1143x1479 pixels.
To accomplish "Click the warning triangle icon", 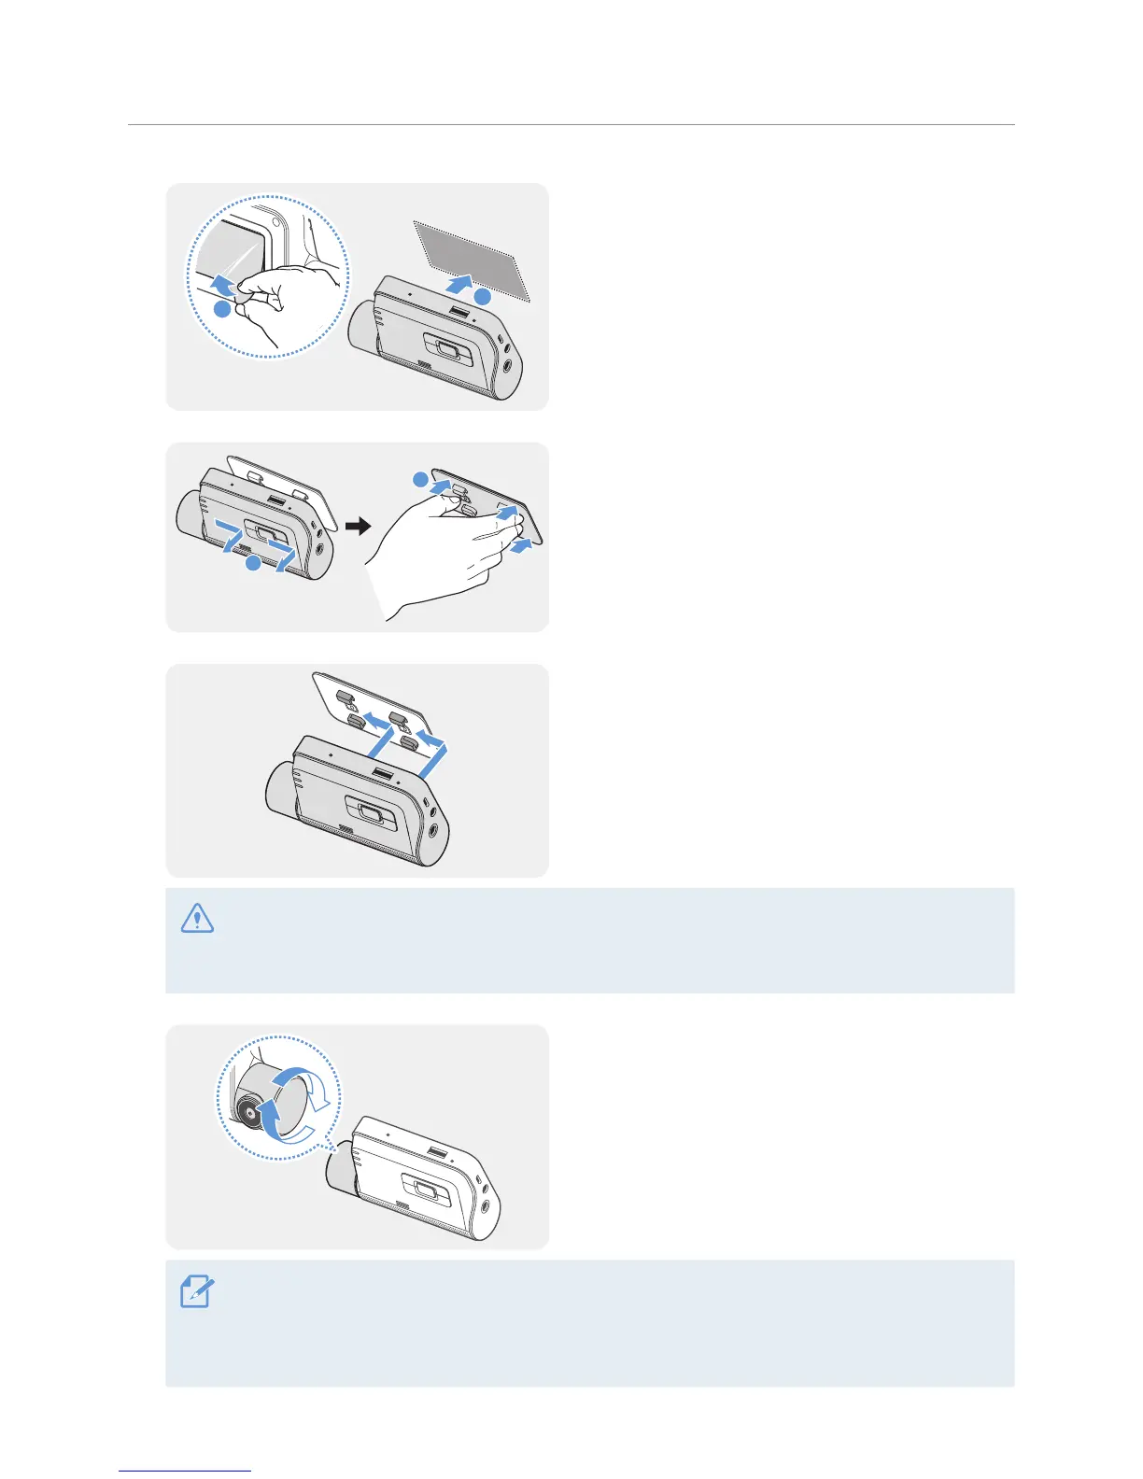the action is point(197,919).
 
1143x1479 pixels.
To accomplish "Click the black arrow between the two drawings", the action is point(358,527).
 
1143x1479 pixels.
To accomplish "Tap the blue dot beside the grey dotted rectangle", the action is point(482,297).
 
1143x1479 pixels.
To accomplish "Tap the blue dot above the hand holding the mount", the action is point(421,480).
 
